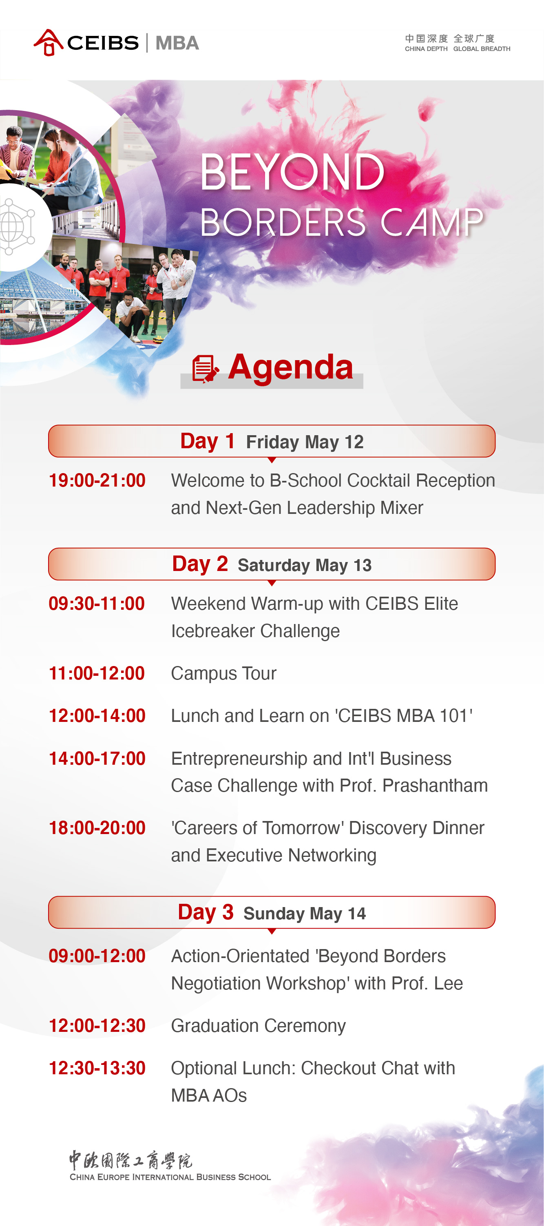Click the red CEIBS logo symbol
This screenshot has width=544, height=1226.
pyautogui.click(x=49, y=42)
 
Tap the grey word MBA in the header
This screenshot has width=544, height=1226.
pyautogui.click(x=177, y=43)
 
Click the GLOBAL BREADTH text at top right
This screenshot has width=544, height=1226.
pyautogui.click(x=482, y=49)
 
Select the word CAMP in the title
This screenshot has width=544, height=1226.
pyautogui.click(x=432, y=222)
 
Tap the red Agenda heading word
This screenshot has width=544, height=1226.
pyautogui.click(x=290, y=367)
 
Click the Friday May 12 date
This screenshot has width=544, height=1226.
pyautogui.click(x=305, y=442)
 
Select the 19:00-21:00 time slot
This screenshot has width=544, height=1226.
pyautogui.click(x=97, y=480)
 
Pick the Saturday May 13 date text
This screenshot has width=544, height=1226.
pyautogui.click(x=305, y=565)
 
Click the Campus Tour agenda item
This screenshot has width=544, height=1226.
pyautogui.click(x=224, y=673)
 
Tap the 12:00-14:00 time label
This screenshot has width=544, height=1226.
pyautogui.click(x=97, y=716)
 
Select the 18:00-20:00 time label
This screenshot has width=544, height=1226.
pyautogui.click(x=97, y=828)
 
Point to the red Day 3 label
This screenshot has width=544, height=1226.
pyautogui.click(x=206, y=912)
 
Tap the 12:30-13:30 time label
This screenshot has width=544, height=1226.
pyautogui.click(x=97, y=1069)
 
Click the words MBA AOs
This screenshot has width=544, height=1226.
pyautogui.click(x=209, y=1095)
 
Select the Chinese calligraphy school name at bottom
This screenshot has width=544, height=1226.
pyautogui.click(x=131, y=1160)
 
